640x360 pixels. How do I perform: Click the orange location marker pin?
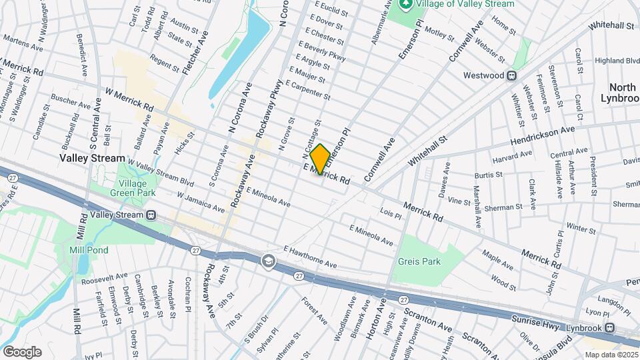320,159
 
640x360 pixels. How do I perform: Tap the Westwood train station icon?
512,76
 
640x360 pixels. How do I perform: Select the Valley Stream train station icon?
151,215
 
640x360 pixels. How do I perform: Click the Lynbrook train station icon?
609,327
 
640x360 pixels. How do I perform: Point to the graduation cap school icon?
268,260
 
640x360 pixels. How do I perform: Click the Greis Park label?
420,262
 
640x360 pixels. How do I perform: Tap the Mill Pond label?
85,250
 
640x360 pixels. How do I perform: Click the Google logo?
21,351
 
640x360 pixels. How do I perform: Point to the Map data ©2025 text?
611,355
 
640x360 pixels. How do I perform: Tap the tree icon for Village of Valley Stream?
405,4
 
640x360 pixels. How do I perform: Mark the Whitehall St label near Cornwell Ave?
427,150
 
